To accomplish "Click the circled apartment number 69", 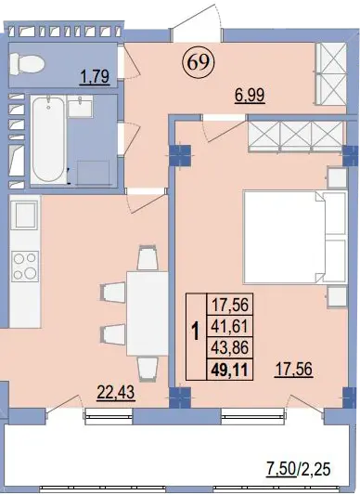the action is click(x=199, y=62).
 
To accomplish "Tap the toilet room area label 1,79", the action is click(x=95, y=77).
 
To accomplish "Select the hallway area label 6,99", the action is click(x=250, y=95).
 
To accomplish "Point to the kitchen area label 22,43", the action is click(x=116, y=393).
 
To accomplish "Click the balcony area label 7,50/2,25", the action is click(x=299, y=478).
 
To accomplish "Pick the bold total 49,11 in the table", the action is click(x=230, y=370).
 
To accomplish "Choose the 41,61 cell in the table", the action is click(x=230, y=326).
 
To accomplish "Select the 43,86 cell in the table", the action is click(x=230, y=347).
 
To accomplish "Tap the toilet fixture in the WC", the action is click(x=27, y=64).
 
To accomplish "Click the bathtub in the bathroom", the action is click(x=48, y=140).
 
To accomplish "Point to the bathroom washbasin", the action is click(x=80, y=107).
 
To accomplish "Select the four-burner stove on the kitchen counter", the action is click(x=25, y=267).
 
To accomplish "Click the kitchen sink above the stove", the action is click(x=24, y=215).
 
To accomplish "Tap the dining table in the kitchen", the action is click(x=147, y=313).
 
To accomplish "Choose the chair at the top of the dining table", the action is click(x=148, y=258).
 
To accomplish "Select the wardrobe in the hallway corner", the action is click(x=331, y=73).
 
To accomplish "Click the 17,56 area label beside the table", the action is click(x=294, y=370).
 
